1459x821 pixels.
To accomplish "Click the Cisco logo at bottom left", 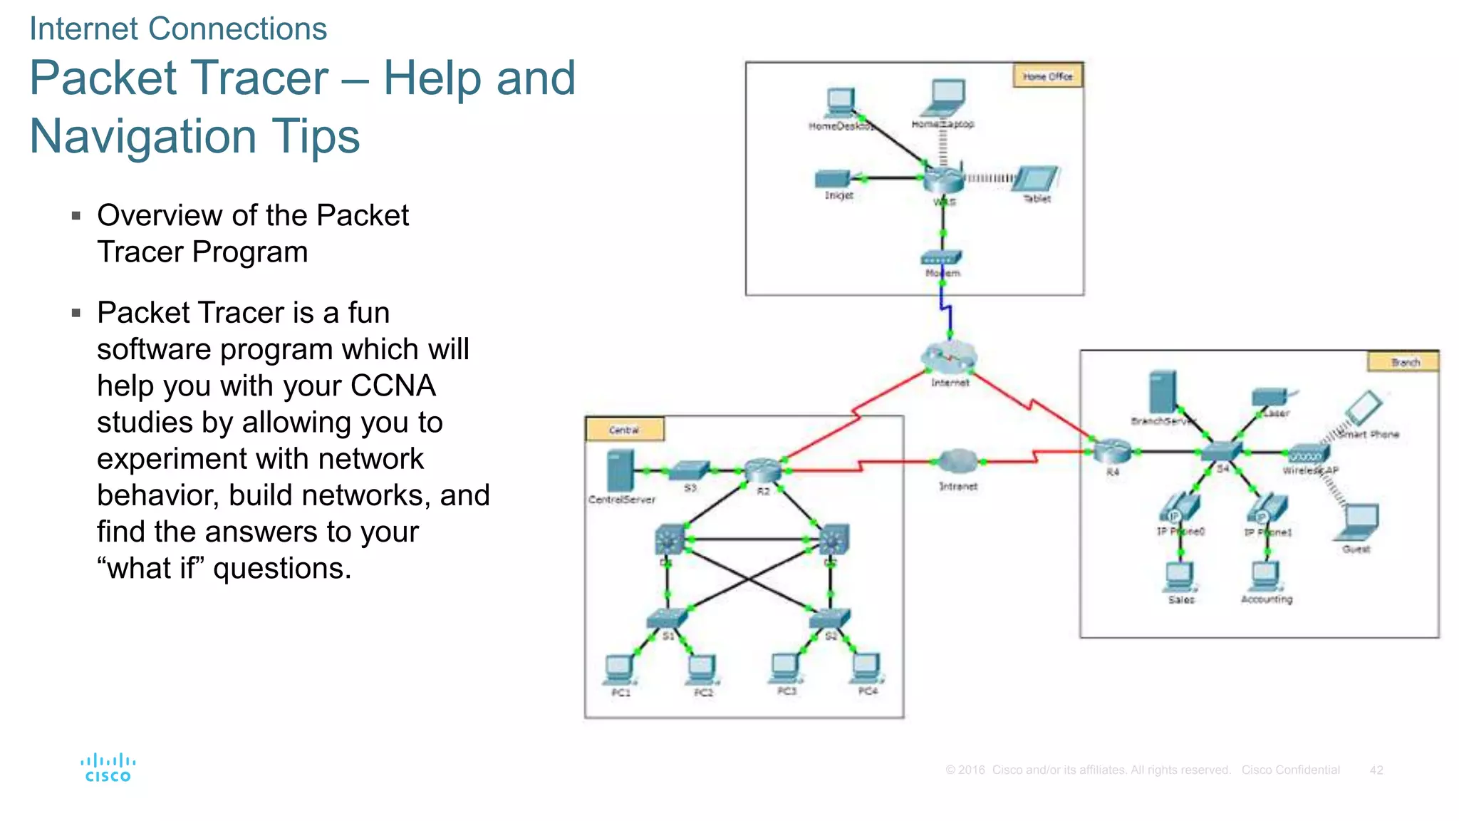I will point(108,768).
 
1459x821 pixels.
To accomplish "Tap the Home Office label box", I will point(1047,76).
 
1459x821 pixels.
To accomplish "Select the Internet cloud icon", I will point(949,357).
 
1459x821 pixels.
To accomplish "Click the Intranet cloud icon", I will point(957,462).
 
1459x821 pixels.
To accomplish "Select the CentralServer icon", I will point(620,470).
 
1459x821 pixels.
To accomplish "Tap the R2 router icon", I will point(762,470).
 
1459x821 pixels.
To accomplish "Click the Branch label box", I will point(1403,362).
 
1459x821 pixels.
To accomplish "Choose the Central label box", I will point(625,429).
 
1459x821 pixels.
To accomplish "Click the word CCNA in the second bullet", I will point(393,386).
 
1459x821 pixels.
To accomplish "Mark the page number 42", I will point(1376,770).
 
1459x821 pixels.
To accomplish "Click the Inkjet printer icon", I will point(834,178).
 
